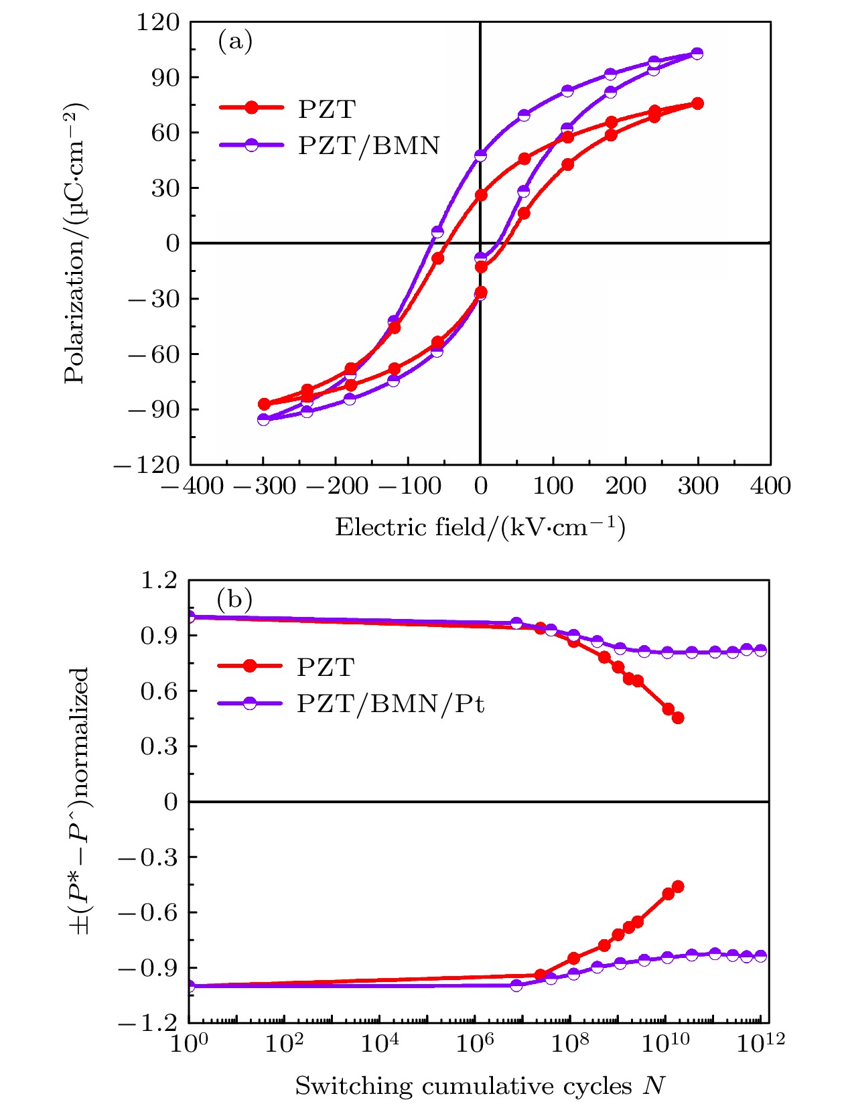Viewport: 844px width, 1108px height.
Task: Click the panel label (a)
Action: (x=235, y=42)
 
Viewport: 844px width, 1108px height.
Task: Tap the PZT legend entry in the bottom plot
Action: (x=326, y=667)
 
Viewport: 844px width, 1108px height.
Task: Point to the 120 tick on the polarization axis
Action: (x=158, y=22)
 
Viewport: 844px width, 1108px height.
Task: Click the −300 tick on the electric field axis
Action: (x=264, y=486)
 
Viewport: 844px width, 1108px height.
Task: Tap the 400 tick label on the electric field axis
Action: (x=770, y=486)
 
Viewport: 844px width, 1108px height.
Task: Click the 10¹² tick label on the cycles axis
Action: (x=761, y=1044)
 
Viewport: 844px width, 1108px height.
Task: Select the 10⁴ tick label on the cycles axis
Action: (x=380, y=1044)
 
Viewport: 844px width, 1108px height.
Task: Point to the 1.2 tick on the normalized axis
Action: (x=159, y=580)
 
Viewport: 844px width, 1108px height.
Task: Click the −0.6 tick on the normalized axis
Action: (x=149, y=912)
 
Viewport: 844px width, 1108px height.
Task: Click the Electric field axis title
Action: (x=480, y=528)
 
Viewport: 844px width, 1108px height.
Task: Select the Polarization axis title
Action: (x=75, y=243)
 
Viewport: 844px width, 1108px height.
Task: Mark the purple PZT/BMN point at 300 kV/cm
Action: (x=697, y=54)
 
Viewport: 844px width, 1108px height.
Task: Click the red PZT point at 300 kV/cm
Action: (x=697, y=103)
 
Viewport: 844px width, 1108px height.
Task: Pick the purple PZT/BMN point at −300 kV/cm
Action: (x=264, y=419)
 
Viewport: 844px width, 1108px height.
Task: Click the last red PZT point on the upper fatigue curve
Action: (x=678, y=718)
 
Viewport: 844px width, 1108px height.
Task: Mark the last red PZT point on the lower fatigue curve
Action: (x=678, y=887)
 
